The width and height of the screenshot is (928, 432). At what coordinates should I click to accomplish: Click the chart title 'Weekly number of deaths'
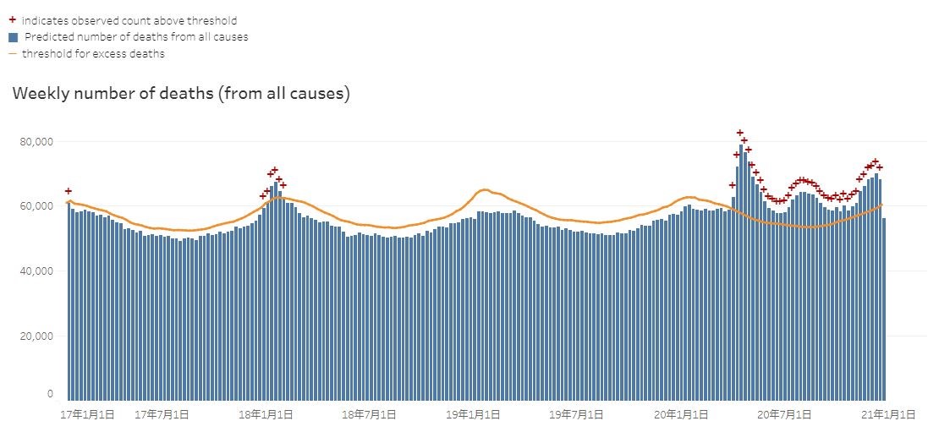coord(181,94)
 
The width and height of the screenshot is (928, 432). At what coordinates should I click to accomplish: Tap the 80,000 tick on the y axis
coord(36,141)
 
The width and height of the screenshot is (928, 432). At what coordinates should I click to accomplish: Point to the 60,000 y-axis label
coord(36,205)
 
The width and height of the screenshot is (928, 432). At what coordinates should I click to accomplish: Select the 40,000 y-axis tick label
coord(36,271)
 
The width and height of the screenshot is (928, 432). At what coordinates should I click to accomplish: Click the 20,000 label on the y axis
coord(36,336)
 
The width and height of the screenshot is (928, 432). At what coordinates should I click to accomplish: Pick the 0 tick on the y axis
coord(50,394)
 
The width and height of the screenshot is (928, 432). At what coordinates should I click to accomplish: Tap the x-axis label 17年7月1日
coord(162,414)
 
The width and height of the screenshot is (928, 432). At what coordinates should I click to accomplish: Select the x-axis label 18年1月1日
coord(266,414)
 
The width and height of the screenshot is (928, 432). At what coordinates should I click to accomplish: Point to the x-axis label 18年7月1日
coord(369,414)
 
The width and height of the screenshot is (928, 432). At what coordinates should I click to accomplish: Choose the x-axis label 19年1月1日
coord(473,414)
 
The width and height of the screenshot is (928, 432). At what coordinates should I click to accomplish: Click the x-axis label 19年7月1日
coord(576,414)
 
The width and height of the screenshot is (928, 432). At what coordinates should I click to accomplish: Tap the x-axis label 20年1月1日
coord(681,414)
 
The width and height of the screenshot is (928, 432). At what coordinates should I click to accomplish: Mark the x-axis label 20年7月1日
coord(783,414)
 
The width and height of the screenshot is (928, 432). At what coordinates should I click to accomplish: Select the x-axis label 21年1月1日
coord(888,414)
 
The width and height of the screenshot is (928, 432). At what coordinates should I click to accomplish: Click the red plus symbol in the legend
coord(12,19)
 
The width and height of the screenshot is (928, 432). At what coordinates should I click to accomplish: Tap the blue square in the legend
coord(13,37)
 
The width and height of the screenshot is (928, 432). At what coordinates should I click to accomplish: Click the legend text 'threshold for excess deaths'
coord(93,54)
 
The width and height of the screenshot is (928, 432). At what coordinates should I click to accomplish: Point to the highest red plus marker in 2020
coord(740,133)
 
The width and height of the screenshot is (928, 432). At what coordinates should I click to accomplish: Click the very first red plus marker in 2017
coord(69,191)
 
